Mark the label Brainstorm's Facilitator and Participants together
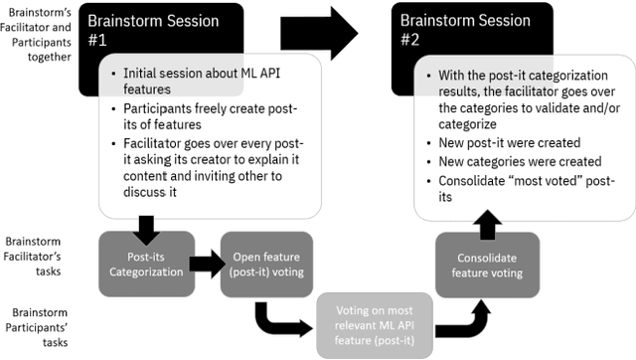38,37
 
